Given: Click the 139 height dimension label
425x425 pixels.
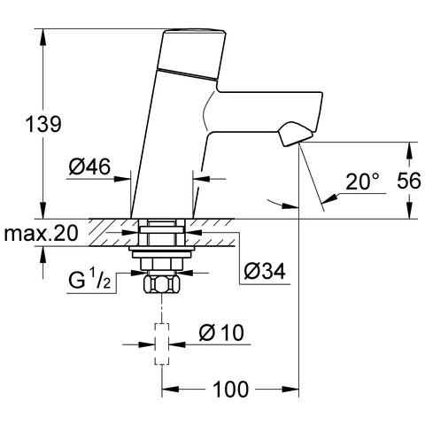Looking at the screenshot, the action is point(43,124).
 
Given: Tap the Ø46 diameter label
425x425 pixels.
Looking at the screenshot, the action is point(89,166).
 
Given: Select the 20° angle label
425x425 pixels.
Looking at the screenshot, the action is point(362,182).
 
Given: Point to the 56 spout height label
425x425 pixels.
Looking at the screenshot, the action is point(409,181).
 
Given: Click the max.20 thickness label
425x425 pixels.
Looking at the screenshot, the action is point(41,233).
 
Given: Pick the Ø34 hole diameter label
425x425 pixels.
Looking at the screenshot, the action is point(265,271).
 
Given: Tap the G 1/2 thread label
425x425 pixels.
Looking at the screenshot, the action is point(89,280).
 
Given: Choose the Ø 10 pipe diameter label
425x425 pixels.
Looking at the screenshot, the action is point(221,333).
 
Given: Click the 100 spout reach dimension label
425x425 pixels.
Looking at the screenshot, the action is point(231,389).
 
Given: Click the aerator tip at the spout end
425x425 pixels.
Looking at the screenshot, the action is point(295,135).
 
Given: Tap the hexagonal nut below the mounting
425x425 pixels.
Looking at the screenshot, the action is point(162,283).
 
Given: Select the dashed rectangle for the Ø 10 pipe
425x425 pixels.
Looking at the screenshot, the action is point(162,344).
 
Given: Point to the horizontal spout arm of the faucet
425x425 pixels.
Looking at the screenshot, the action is point(266,112).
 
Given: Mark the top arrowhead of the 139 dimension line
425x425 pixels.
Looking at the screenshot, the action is point(43,37).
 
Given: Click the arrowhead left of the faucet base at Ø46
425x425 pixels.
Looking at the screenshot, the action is point(122,179).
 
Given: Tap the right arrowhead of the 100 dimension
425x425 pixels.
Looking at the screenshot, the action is point(290,390).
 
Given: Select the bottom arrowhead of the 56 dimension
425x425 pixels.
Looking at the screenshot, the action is point(409,211).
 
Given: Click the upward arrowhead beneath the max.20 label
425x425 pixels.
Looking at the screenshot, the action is point(43,254).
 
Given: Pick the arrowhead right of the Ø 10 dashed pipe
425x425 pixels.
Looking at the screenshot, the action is point(177,344).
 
